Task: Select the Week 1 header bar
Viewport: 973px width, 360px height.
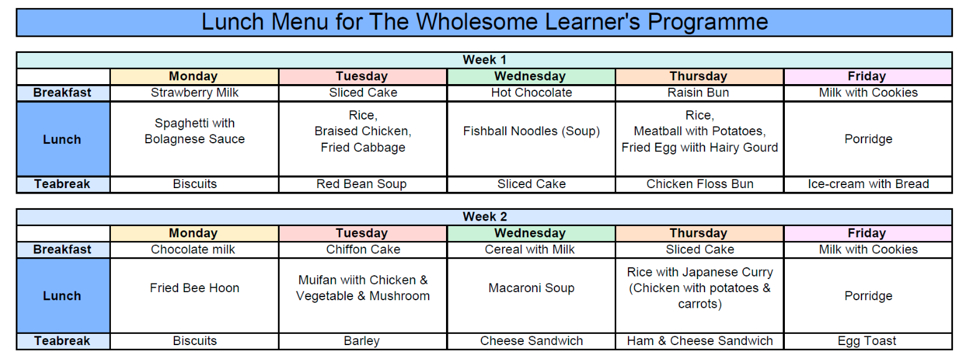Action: pyautogui.click(x=484, y=60)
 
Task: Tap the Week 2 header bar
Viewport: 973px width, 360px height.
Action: pyautogui.click(x=484, y=217)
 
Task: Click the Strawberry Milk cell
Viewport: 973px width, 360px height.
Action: pyautogui.click(x=194, y=93)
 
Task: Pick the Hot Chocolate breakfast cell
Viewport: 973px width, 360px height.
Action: pyautogui.click(x=531, y=93)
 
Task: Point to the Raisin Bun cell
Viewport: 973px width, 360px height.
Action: pyautogui.click(x=700, y=93)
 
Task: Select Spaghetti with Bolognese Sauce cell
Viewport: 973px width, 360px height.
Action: pyautogui.click(x=194, y=131)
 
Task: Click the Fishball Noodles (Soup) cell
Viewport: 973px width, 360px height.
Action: pyautogui.click(x=531, y=131)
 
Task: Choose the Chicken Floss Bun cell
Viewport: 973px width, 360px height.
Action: pyautogui.click(x=700, y=184)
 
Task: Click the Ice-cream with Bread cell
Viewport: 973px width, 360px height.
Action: pyautogui.click(x=868, y=184)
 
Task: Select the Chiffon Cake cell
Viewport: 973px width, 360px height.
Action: pyautogui.click(x=363, y=249)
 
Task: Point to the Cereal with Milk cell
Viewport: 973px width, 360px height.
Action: pyautogui.click(x=531, y=249)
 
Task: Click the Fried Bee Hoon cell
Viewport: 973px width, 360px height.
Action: pyautogui.click(x=194, y=288)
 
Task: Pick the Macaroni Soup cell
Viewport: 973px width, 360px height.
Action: pyautogui.click(x=531, y=288)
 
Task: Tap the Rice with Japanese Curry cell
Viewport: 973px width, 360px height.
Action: pyautogui.click(x=700, y=288)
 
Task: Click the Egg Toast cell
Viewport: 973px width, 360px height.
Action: pyautogui.click(x=868, y=341)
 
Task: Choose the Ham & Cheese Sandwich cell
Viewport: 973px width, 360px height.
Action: pyautogui.click(x=700, y=341)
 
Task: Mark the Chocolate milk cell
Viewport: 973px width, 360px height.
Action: pyautogui.click(x=194, y=249)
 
